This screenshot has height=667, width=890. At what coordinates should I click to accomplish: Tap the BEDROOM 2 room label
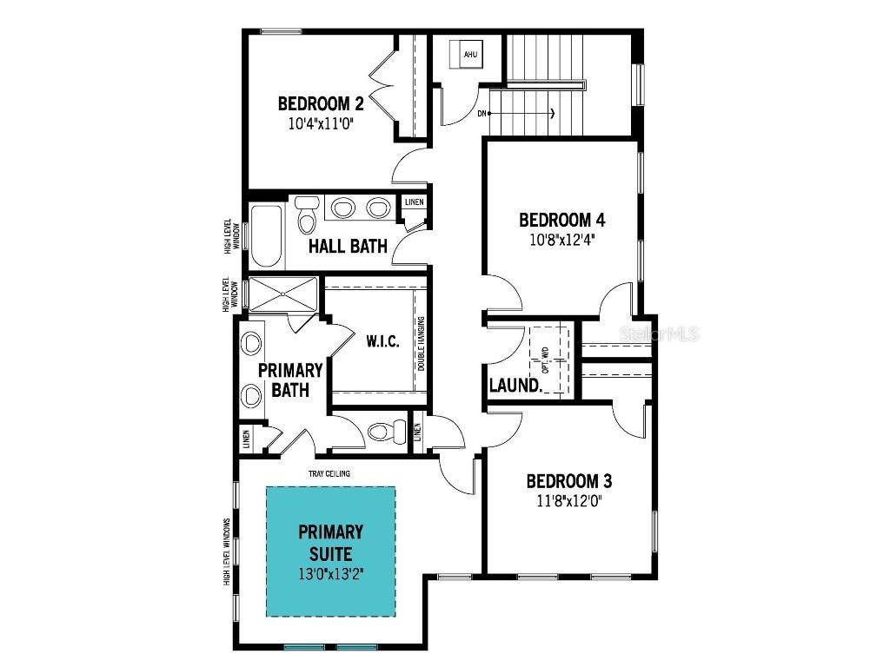pos(321,104)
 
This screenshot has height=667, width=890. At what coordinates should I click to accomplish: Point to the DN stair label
pos(482,114)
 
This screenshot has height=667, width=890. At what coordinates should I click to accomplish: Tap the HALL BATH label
pos(349,247)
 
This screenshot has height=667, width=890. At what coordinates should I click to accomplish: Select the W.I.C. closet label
pos(382,341)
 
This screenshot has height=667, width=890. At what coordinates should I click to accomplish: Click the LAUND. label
pos(515,385)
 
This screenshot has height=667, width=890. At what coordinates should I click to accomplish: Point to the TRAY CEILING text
pos(329,473)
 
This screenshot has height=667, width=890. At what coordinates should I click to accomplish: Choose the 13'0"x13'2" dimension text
pos(330,573)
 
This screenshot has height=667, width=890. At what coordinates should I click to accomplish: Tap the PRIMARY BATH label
pos(290,380)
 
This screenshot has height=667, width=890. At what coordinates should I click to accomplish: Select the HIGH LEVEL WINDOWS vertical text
pos(227,551)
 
